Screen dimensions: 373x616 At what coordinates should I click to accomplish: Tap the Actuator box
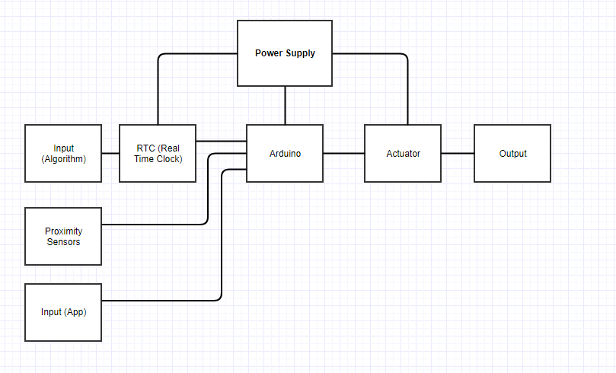(x=403, y=167)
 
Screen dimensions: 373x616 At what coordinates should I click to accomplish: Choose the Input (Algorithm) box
(x=63, y=169)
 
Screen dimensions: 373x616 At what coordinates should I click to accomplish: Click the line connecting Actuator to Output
(x=458, y=154)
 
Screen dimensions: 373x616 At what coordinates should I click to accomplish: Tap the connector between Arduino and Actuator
(x=343, y=154)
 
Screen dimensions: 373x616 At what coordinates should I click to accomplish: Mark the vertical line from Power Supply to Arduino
(x=286, y=105)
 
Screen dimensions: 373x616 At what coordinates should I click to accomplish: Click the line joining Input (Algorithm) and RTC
(x=110, y=154)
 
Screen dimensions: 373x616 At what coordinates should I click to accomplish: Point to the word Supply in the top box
(x=300, y=53)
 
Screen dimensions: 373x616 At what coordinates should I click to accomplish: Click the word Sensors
(x=63, y=242)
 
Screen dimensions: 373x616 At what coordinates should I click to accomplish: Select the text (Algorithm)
(x=63, y=159)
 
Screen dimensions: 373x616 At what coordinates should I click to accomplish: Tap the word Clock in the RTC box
(x=169, y=159)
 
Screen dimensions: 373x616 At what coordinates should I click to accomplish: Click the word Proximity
(x=63, y=231)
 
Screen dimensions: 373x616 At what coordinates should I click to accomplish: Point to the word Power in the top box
(x=268, y=53)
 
